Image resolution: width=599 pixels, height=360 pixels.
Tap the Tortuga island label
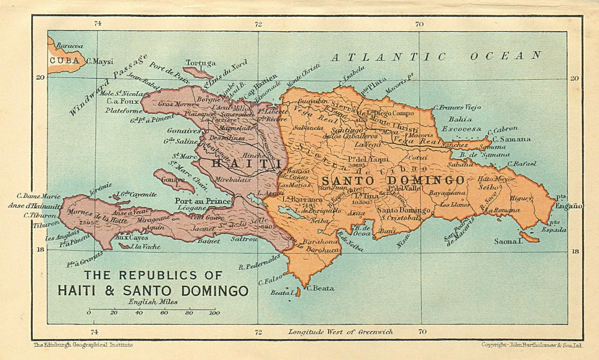(x=200, y=63)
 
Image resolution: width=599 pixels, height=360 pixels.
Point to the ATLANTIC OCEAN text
(x=436, y=56)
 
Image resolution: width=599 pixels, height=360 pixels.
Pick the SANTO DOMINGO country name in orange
(x=393, y=180)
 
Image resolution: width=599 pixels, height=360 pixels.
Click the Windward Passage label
(x=108, y=85)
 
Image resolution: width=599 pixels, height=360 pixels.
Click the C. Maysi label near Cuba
(x=100, y=61)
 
